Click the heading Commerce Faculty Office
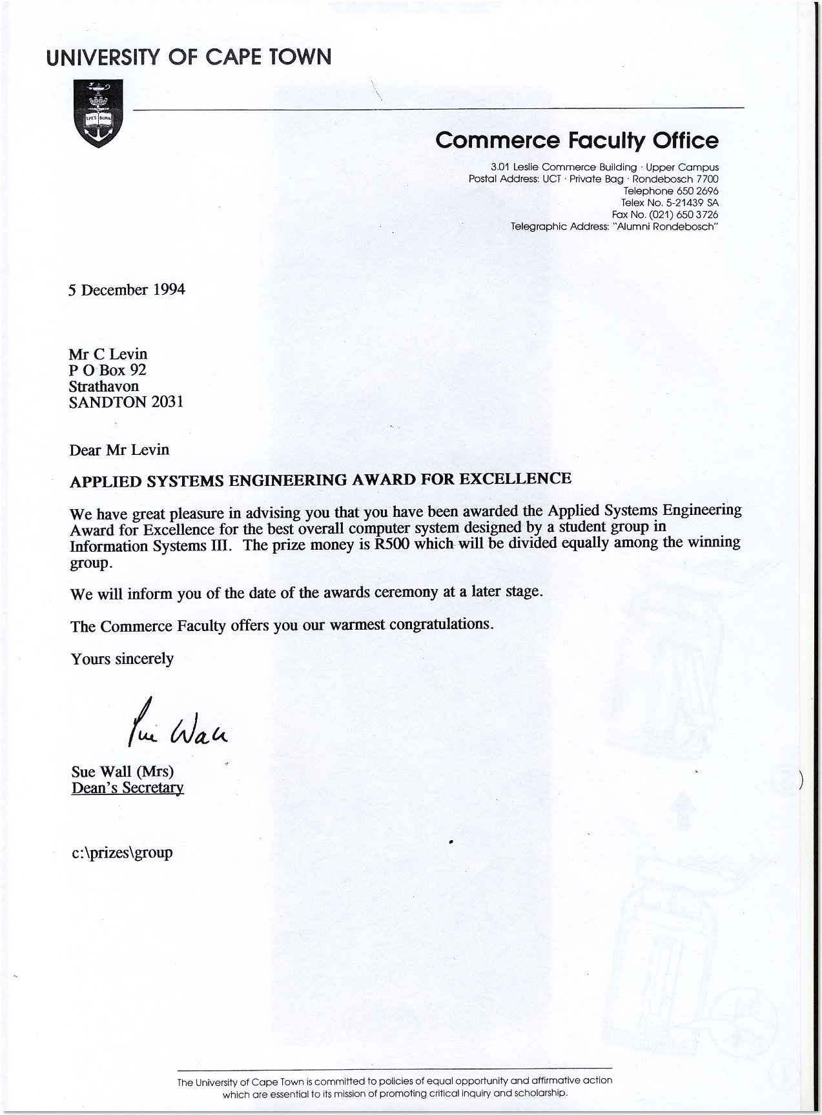pos(576,140)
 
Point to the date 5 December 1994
pos(127,290)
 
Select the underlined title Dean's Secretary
pos(128,788)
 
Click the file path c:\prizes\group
pos(122,852)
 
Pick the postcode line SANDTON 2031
pos(127,401)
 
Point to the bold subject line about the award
pos(320,479)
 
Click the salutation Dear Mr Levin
pos(119,449)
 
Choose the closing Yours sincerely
pos(123,659)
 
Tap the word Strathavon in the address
pos(104,386)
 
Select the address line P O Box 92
pos(108,370)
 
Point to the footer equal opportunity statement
pos(395,1087)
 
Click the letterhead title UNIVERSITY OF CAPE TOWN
pos(189,57)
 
